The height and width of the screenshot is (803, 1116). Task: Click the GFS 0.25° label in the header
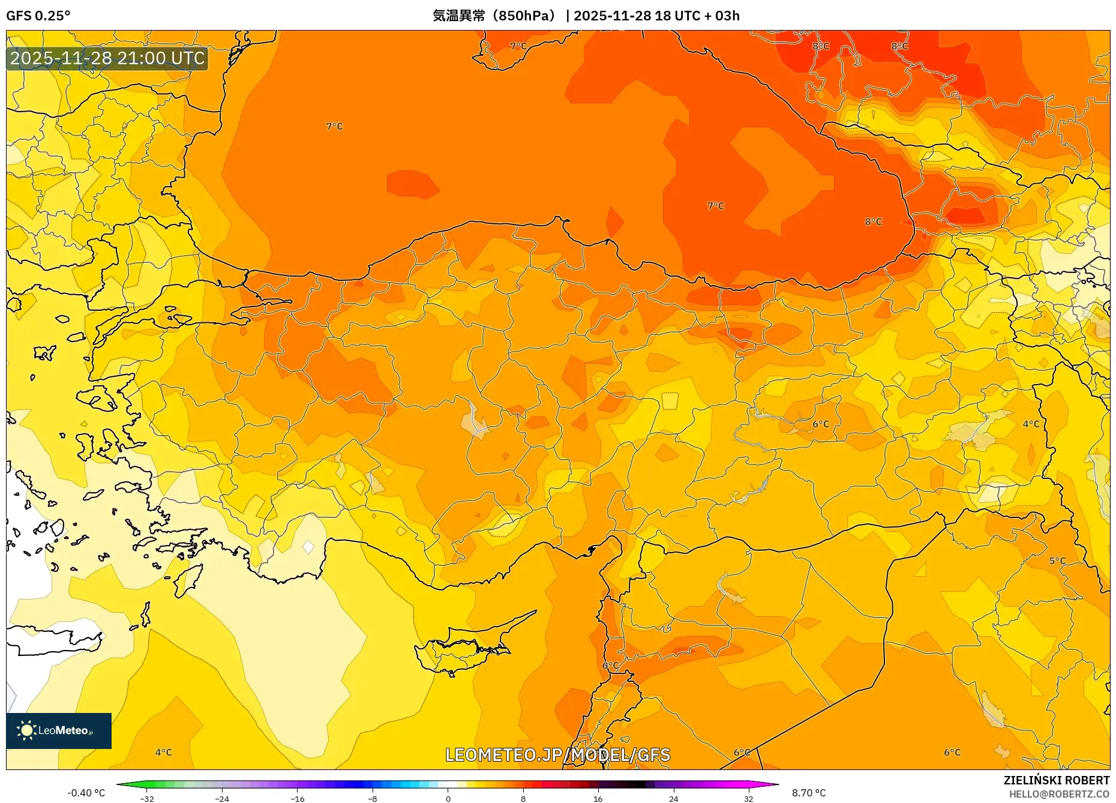click(38, 16)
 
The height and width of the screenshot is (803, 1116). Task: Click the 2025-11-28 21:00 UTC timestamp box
click(107, 58)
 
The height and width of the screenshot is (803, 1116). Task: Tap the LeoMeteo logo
click(59, 730)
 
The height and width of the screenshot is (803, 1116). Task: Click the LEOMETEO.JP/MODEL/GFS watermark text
click(557, 755)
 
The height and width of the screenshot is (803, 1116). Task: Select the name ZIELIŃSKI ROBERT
click(1056, 780)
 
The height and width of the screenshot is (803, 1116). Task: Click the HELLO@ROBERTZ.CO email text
click(1058, 794)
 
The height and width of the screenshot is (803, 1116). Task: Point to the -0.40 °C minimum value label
click(86, 793)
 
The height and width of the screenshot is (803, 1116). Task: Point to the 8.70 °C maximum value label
click(808, 793)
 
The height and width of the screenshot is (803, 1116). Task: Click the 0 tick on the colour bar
click(448, 799)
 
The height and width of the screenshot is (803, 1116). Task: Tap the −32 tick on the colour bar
click(147, 799)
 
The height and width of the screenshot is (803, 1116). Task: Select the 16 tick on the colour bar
click(598, 799)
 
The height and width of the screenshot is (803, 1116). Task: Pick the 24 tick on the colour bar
click(673, 799)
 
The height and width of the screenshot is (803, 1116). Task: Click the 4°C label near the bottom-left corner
click(163, 752)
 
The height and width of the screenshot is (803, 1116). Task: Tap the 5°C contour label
click(1057, 561)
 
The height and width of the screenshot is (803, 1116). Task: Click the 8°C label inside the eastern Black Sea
click(873, 221)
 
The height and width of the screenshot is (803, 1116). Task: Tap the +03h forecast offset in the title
click(727, 16)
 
